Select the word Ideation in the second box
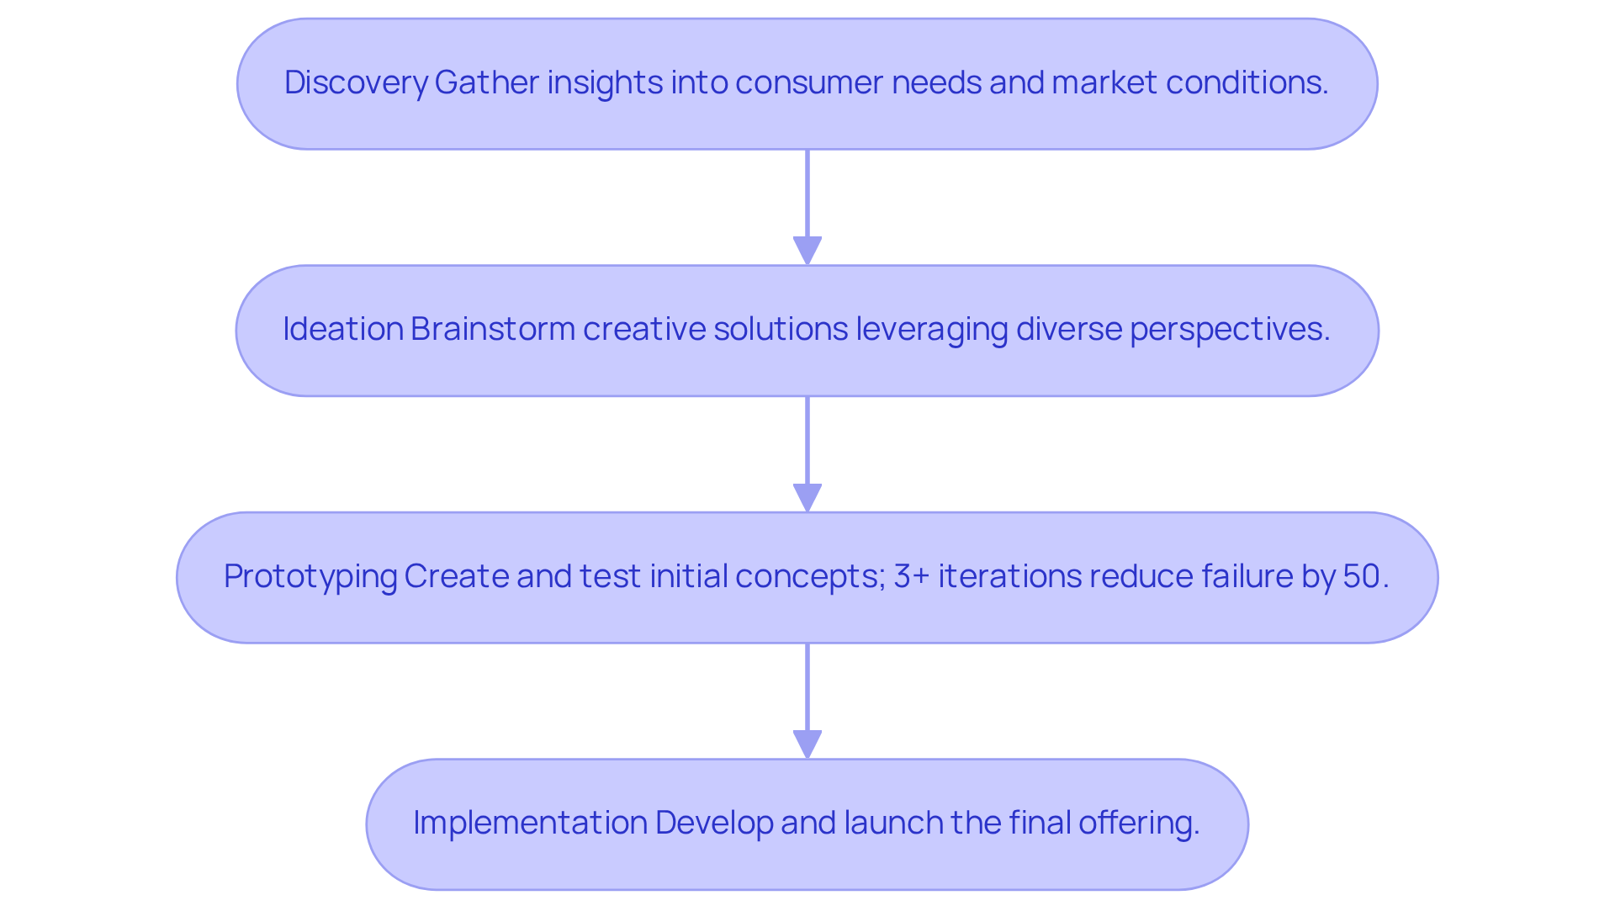point(343,329)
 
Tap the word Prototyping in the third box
point(310,576)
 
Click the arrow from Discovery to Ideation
point(807,206)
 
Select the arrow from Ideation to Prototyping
point(807,453)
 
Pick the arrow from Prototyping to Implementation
point(807,700)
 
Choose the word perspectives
point(1229,329)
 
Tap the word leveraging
point(932,329)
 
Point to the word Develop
point(714,823)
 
